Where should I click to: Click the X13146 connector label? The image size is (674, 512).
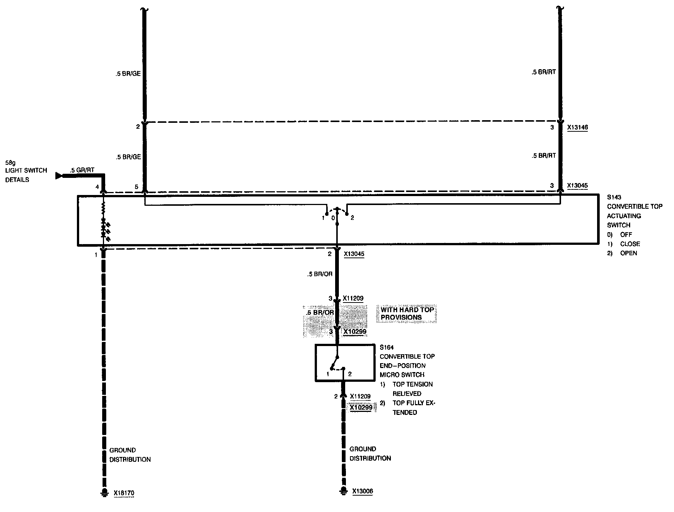click(x=577, y=127)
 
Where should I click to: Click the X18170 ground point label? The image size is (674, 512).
click(x=124, y=493)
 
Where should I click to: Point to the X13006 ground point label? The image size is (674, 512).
click(x=362, y=492)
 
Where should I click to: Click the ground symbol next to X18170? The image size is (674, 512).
click(x=103, y=493)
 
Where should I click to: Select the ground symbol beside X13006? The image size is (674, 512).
click(x=343, y=491)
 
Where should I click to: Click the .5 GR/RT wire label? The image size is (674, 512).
click(x=82, y=170)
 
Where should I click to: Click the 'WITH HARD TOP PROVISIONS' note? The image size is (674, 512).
click(x=406, y=314)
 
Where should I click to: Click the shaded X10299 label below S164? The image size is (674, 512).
click(x=361, y=407)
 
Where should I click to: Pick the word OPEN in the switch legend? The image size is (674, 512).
click(x=628, y=253)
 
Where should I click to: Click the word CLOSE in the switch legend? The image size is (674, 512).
click(x=630, y=244)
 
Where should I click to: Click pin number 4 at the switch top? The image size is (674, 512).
click(x=97, y=187)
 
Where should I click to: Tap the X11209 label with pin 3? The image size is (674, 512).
click(x=353, y=298)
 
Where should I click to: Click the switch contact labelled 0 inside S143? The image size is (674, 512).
click(x=333, y=218)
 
